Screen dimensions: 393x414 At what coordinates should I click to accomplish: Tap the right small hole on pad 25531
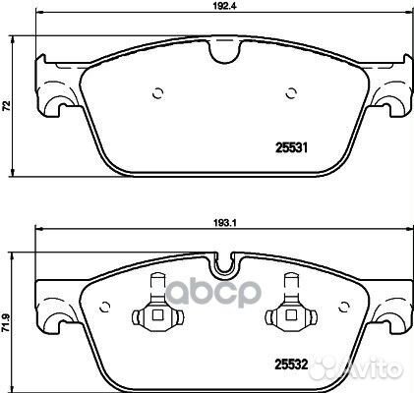(291, 93)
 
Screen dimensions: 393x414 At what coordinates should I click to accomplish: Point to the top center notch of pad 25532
(226, 264)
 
